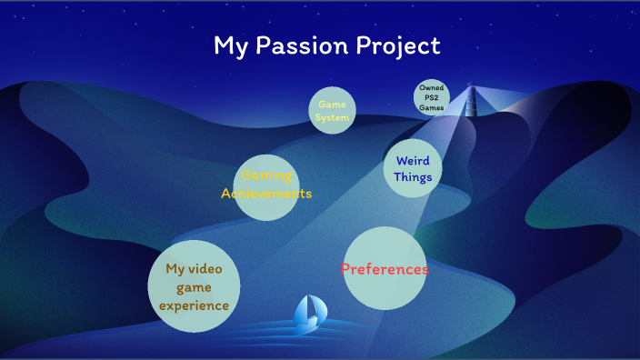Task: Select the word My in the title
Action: [228, 46]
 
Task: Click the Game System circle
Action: [331, 111]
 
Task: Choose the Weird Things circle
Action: [413, 168]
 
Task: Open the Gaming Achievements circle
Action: [266, 186]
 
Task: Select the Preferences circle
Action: [385, 268]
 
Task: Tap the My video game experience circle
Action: [194, 286]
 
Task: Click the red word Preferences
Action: [385, 269]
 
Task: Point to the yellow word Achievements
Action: [266, 194]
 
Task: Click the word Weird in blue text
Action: [413, 161]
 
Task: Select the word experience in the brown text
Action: [194, 305]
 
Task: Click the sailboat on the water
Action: [311, 312]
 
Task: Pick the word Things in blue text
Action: [413, 177]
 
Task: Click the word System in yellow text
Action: [332, 118]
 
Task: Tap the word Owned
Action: [432, 88]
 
